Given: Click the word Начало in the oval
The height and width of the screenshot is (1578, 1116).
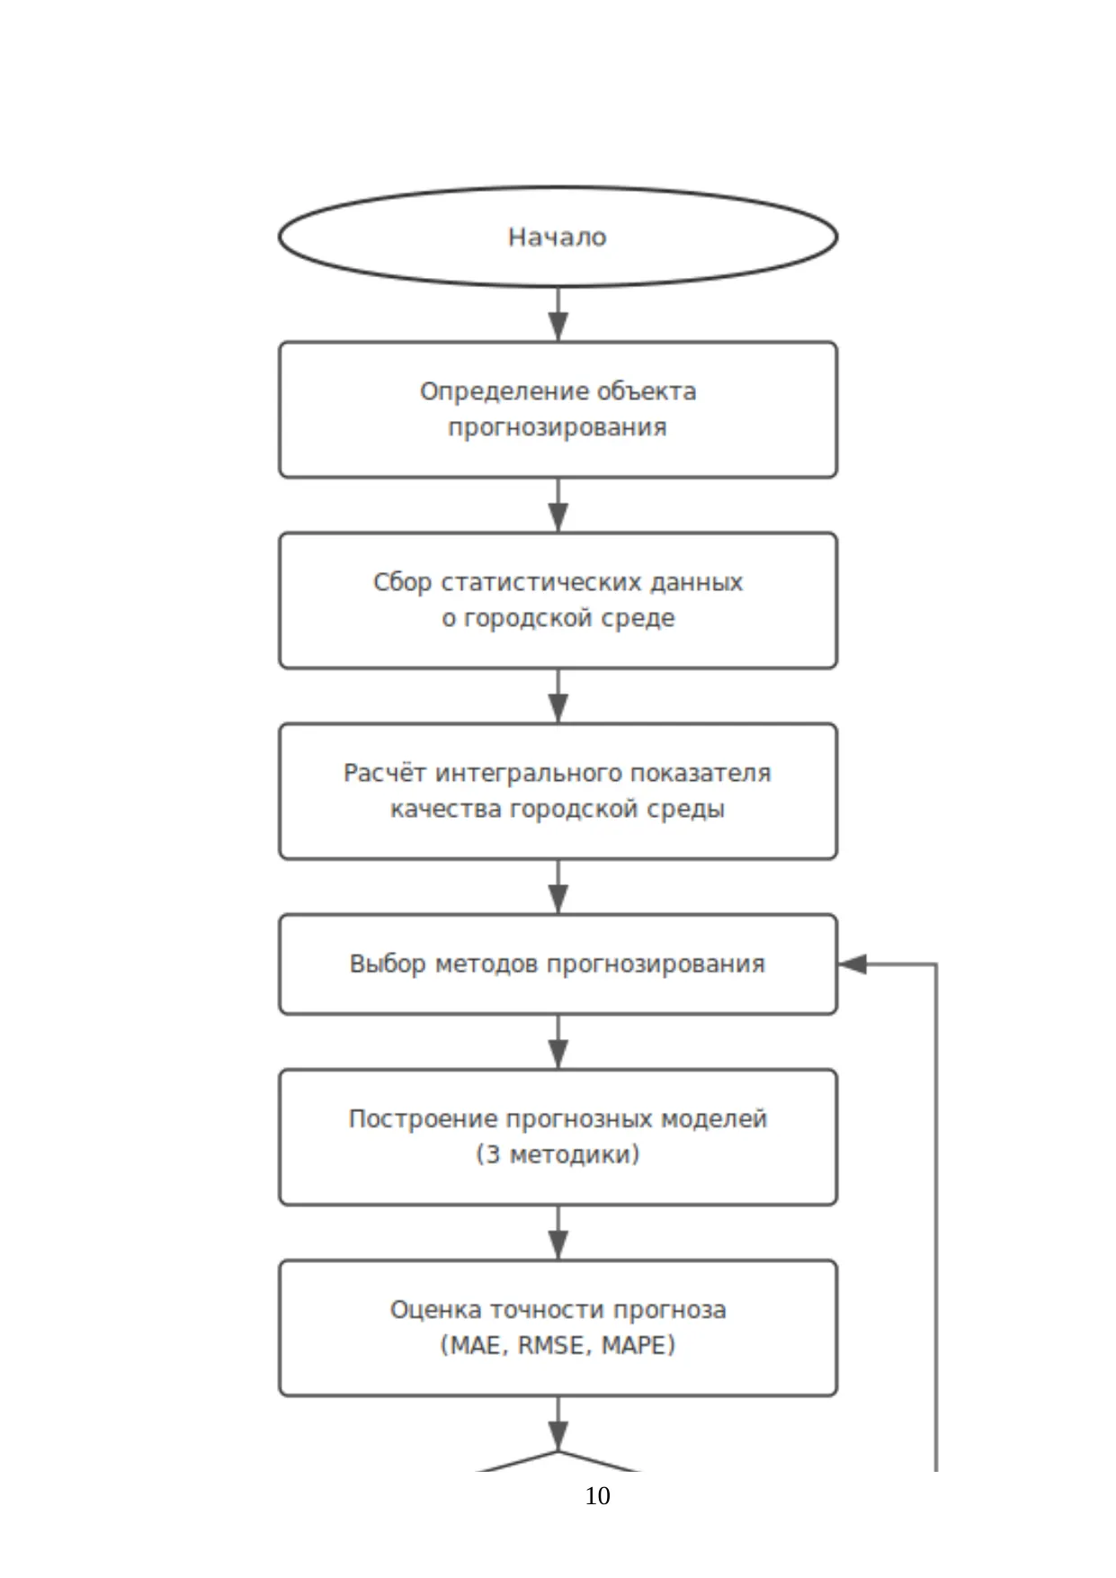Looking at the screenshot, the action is click(x=558, y=238).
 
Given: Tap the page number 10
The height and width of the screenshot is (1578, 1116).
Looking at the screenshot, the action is click(x=597, y=1495).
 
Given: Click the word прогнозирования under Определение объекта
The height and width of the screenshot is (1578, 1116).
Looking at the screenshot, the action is click(x=558, y=427).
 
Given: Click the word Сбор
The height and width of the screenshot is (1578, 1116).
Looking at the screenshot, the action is click(x=402, y=582).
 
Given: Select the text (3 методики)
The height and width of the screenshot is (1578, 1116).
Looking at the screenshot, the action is click(x=558, y=1155).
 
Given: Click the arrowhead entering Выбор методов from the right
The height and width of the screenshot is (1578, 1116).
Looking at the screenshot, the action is click(x=852, y=964).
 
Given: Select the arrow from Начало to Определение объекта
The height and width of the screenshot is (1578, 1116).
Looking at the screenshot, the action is click(x=558, y=314).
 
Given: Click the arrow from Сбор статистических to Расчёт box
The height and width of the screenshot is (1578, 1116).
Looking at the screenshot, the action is click(x=558, y=695).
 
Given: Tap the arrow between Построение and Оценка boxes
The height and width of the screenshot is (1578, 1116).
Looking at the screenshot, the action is click(x=558, y=1233).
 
